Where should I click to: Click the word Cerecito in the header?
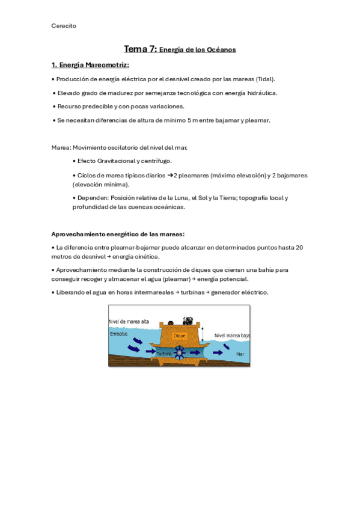point(64,25)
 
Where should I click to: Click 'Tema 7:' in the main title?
point(140,49)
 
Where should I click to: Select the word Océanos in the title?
point(221,50)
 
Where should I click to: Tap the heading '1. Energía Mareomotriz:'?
point(90,65)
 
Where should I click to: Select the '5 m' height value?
point(192,120)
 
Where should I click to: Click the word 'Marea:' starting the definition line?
point(62,147)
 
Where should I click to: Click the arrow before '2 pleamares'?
point(169,175)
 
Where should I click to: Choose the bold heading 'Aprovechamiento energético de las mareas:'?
point(118,234)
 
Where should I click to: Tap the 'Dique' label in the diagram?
point(179,335)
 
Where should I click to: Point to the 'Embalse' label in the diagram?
point(119,333)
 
